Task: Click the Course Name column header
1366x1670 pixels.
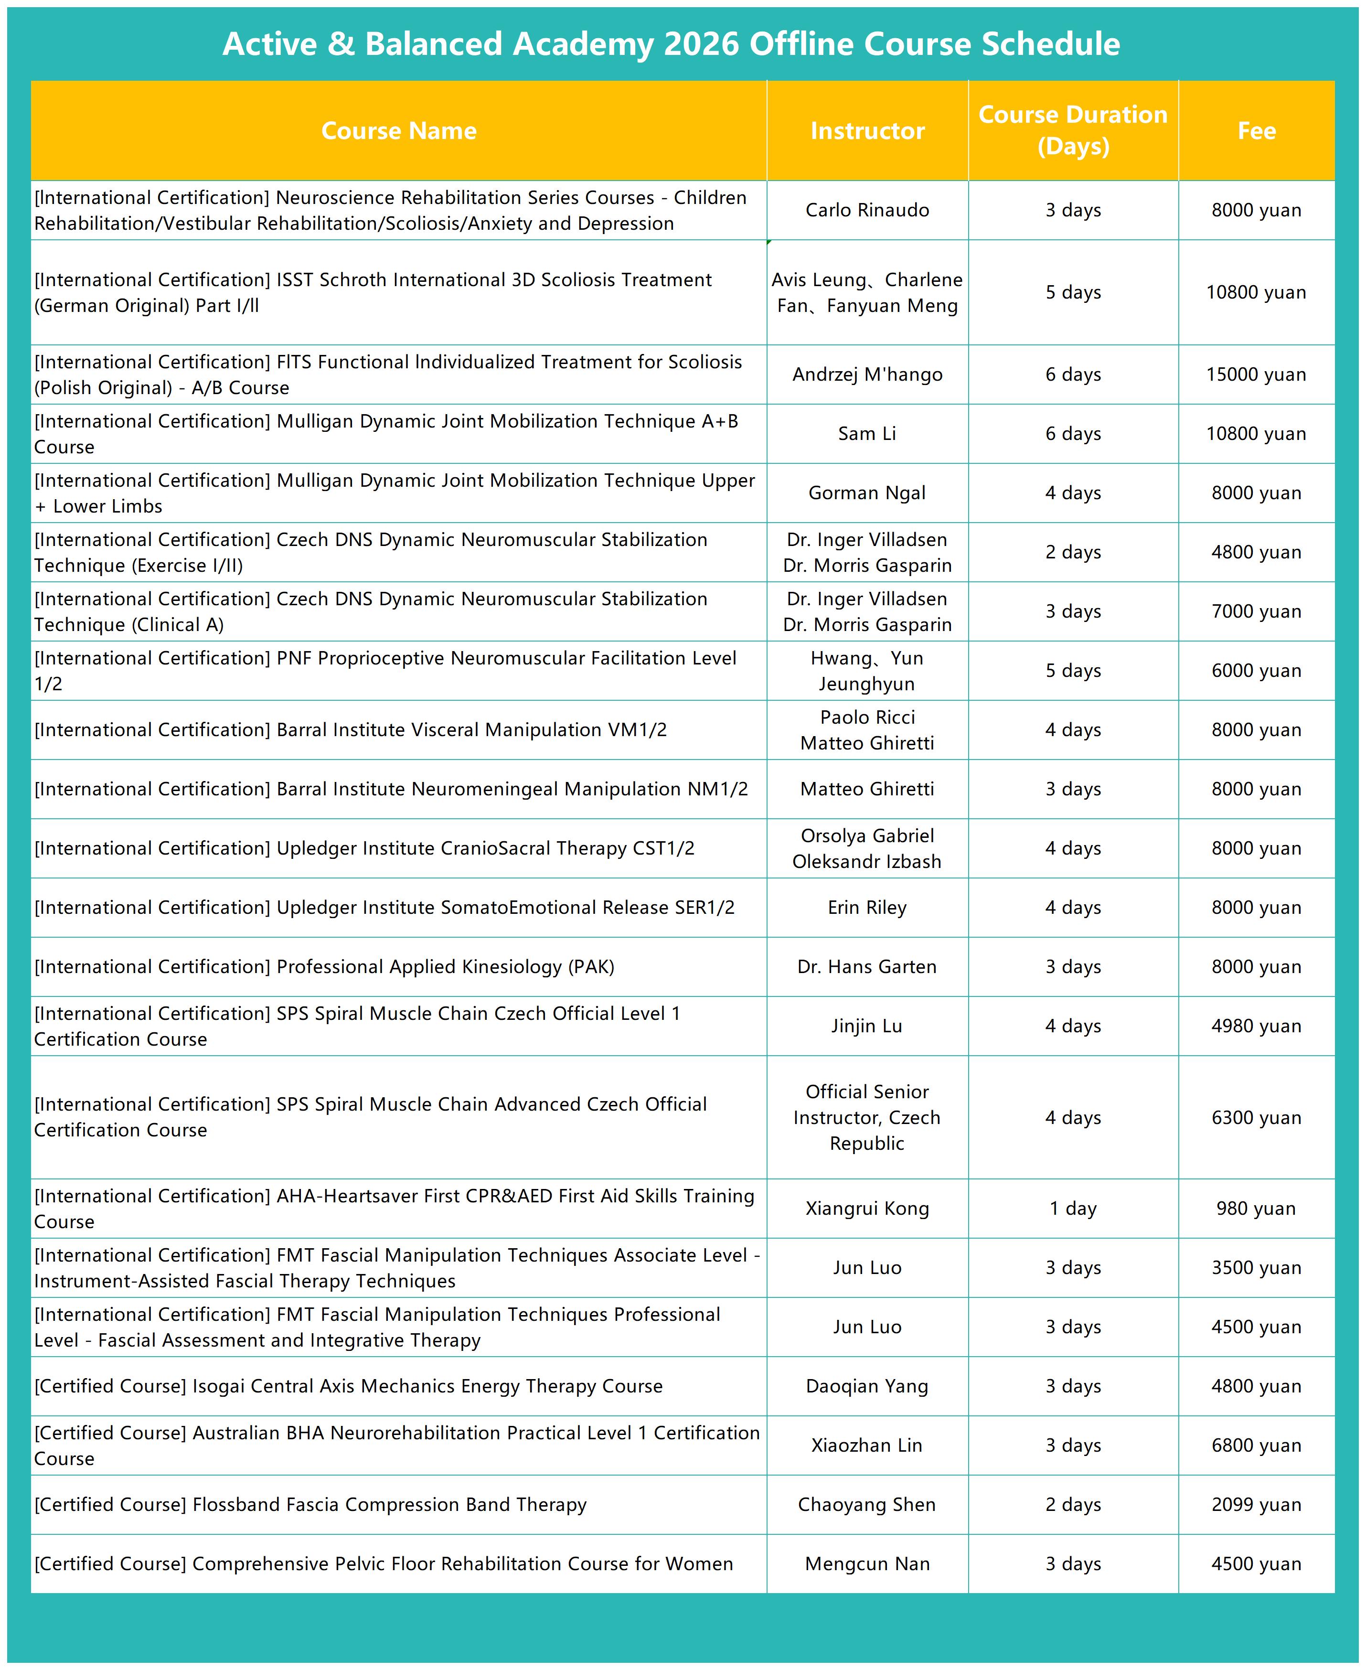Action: [x=398, y=130]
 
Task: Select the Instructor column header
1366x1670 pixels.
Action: [x=867, y=130]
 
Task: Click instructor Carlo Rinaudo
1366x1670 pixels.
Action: [x=867, y=210]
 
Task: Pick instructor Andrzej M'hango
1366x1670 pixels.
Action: [x=867, y=375]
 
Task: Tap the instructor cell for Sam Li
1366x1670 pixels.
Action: [x=867, y=434]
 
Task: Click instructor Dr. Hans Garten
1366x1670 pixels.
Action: [x=867, y=966]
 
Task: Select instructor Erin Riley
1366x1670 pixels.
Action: [x=867, y=908]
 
